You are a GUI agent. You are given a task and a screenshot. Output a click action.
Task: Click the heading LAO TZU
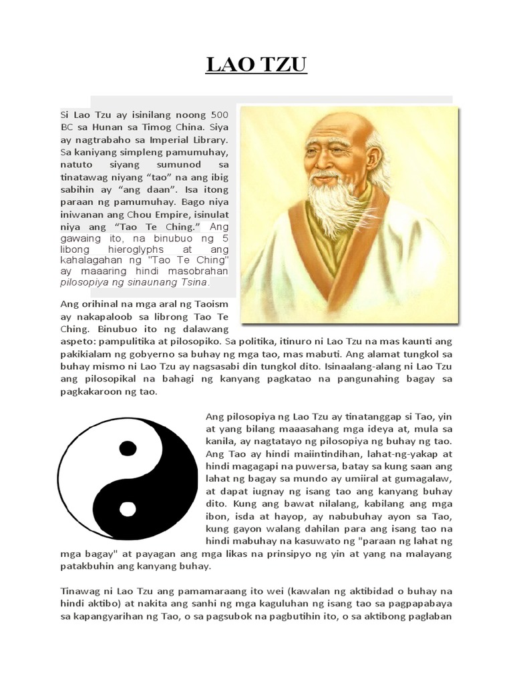[x=256, y=67]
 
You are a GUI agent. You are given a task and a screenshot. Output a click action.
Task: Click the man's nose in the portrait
[x=324, y=164]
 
